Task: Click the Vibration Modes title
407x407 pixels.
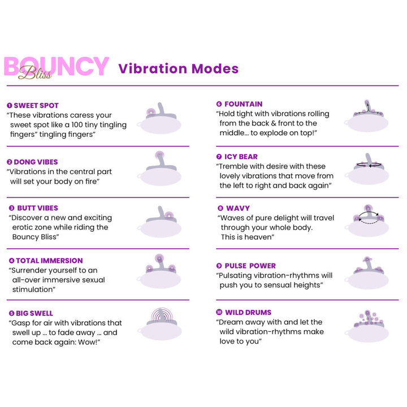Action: click(x=178, y=69)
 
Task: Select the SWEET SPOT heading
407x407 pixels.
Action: click(x=36, y=105)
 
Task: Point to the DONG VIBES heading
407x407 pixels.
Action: click(x=36, y=162)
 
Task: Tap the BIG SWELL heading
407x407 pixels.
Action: click(x=34, y=313)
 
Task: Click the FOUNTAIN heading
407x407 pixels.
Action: click(x=243, y=104)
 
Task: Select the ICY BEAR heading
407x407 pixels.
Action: click(x=241, y=157)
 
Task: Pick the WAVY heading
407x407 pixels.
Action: click(x=237, y=208)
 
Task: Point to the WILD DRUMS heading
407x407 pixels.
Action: click(x=248, y=312)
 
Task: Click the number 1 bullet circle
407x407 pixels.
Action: click(x=10, y=105)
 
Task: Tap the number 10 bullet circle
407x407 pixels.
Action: click(x=219, y=312)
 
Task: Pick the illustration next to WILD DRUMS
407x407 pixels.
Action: click(x=368, y=326)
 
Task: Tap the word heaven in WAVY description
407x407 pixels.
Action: click(x=259, y=237)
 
